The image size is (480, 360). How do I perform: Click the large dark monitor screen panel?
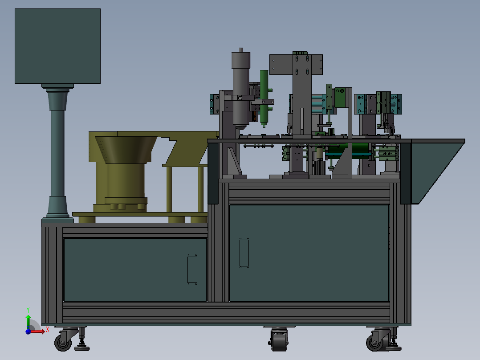pos(57,46)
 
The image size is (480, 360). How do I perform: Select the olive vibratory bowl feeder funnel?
pos(126,150)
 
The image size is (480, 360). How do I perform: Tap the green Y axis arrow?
pos(28,321)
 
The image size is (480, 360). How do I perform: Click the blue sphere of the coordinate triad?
pos(28,331)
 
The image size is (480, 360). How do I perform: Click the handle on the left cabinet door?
pos(192,270)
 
